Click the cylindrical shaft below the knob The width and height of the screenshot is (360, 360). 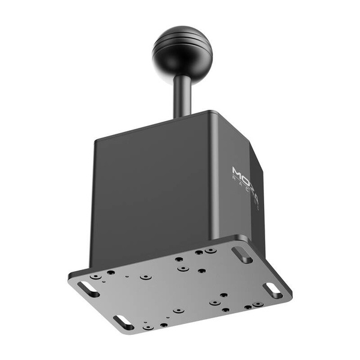pyautogui.click(x=182, y=93)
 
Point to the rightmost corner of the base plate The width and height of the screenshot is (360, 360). pyautogui.click(x=292, y=294)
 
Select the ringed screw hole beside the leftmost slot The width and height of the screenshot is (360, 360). pyautogui.click(x=95, y=277)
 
